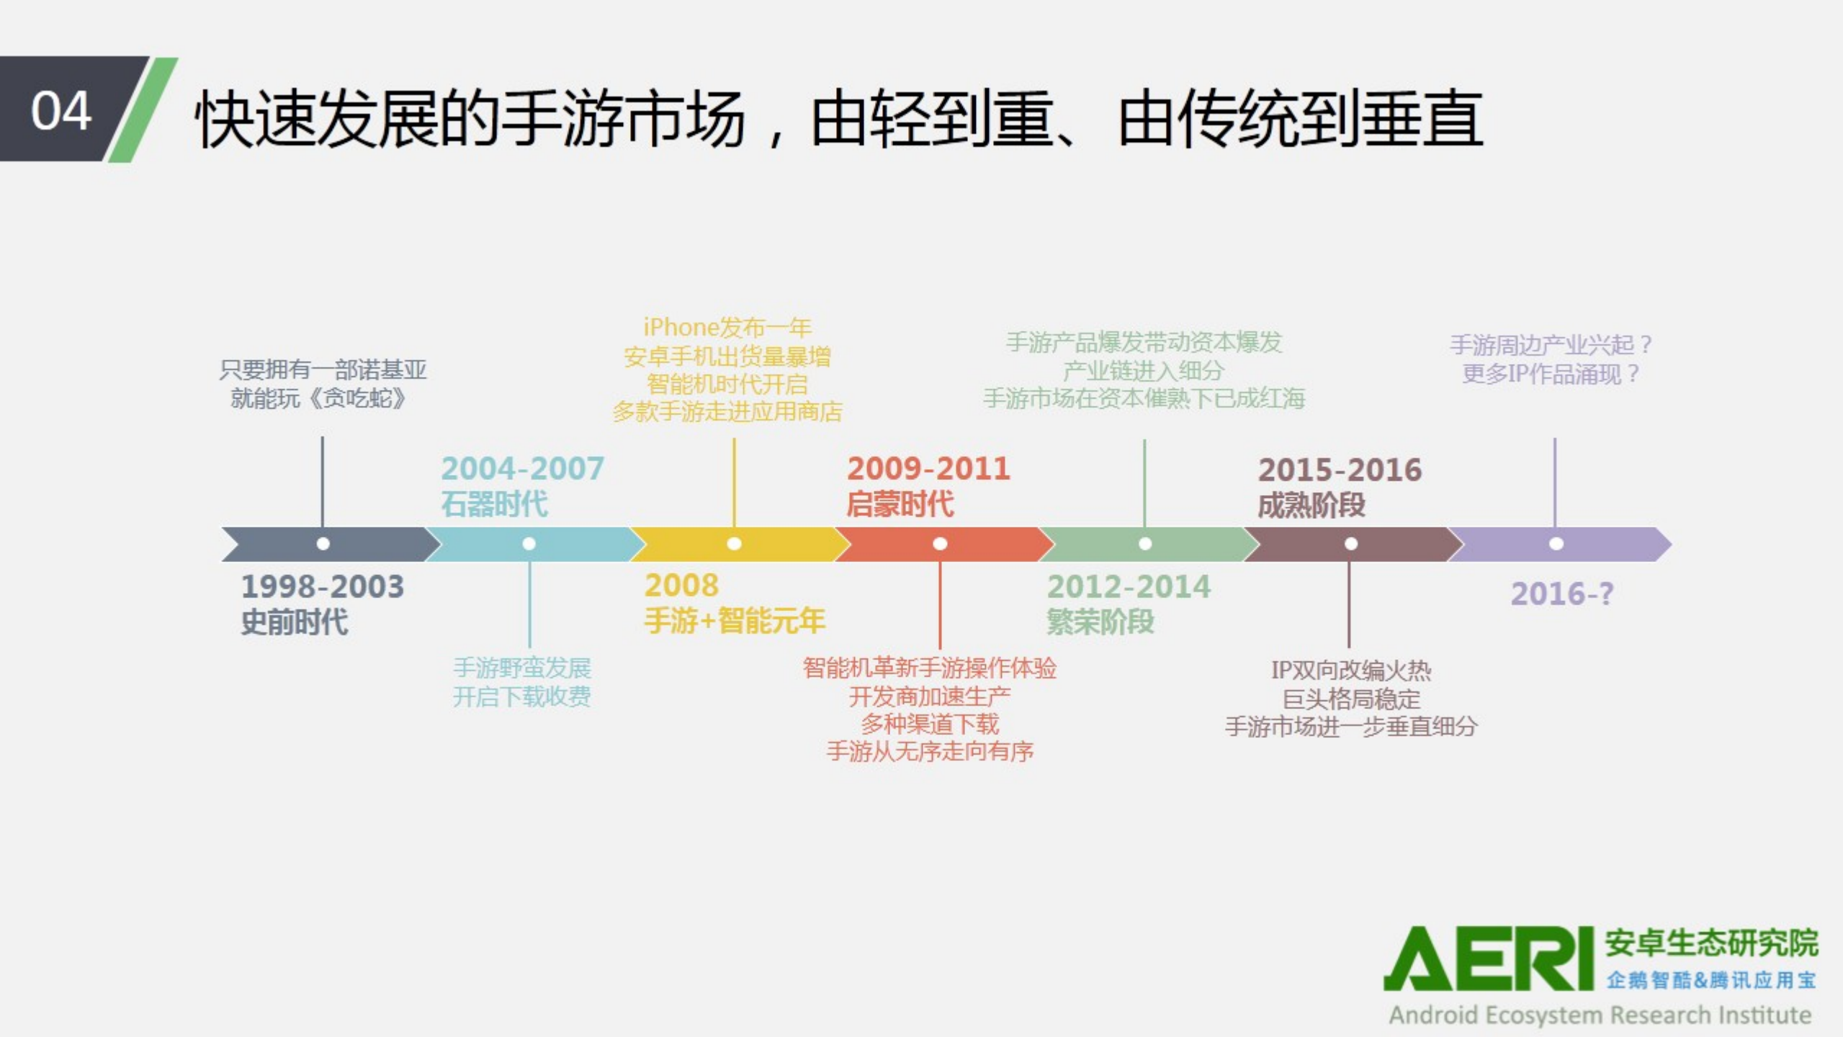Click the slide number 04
pyautogui.click(x=61, y=111)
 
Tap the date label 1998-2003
pyautogui.click(x=322, y=587)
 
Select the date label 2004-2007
pyautogui.click(x=522, y=468)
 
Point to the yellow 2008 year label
pyautogui.click(x=681, y=585)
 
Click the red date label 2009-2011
pyautogui.click(x=928, y=468)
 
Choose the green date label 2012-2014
pyautogui.click(x=1129, y=587)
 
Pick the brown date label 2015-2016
pyautogui.click(x=1340, y=470)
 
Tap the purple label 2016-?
pyautogui.click(x=1561, y=594)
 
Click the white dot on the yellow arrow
pyautogui.click(x=734, y=544)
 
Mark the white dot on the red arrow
pyautogui.click(x=940, y=544)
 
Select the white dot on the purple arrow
pyautogui.click(x=1556, y=544)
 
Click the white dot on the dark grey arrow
pyautogui.click(x=323, y=544)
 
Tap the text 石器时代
pyautogui.click(x=494, y=504)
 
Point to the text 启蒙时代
pyautogui.click(x=900, y=504)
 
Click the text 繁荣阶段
pyautogui.click(x=1100, y=621)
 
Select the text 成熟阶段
pyautogui.click(x=1311, y=505)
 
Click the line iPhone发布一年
pyautogui.click(x=727, y=327)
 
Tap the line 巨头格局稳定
pyautogui.click(x=1351, y=698)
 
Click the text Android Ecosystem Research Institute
pyautogui.click(x=1600, y=1015)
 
